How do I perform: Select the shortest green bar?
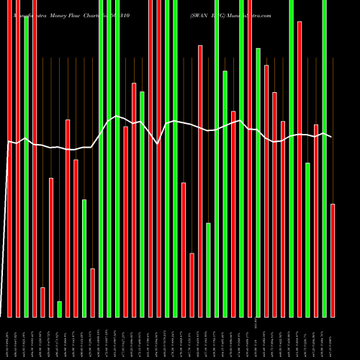(59, 309)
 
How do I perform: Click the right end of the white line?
(332, 137)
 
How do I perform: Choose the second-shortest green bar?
(209, 270)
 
